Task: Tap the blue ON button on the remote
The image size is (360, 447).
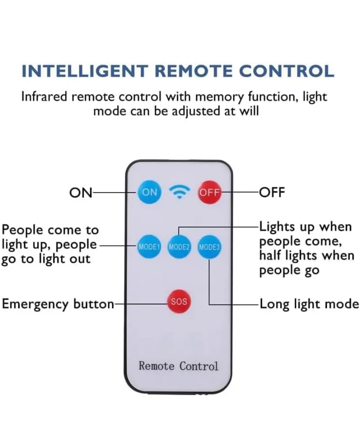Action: [x=150, y=192]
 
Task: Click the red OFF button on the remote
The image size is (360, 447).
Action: [x=210, y=193]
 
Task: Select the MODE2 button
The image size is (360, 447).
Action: [x=179, y=247]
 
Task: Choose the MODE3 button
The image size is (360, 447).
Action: [x=209, y=247]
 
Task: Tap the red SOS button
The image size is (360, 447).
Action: [x=179, y=301]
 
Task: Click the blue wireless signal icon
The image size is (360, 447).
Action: [x=179, y=192]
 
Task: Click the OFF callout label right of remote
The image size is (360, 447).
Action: [x=272, y=193]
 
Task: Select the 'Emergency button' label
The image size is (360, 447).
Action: [x=58, y=304]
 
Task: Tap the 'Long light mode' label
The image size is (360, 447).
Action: [x=309, y=304]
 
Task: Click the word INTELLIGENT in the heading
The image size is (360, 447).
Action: [x=85, y=71]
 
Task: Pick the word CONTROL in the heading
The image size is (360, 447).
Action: [x=287, y=71]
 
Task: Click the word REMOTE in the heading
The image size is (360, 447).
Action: [x=193, y=71]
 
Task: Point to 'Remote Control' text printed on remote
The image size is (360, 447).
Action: [x=178, y=366]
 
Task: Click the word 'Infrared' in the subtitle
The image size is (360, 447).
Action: [x=45, y=97]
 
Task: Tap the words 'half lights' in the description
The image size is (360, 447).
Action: [x=288, y=255]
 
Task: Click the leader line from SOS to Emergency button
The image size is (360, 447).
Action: [x=141, y=304]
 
